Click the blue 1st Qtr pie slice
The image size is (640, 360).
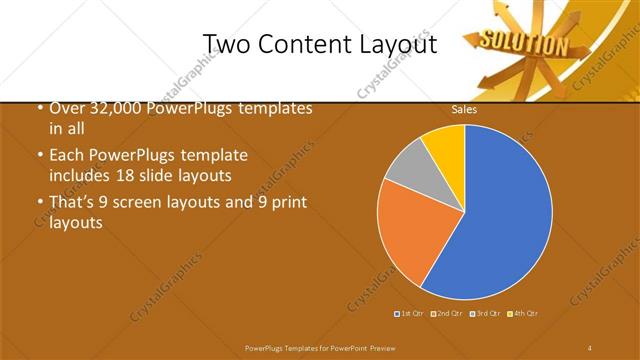500,215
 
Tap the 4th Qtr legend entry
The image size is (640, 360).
524,314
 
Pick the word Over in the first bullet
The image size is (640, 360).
65,108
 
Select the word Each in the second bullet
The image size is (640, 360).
65,156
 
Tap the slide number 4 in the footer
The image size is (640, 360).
590,347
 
